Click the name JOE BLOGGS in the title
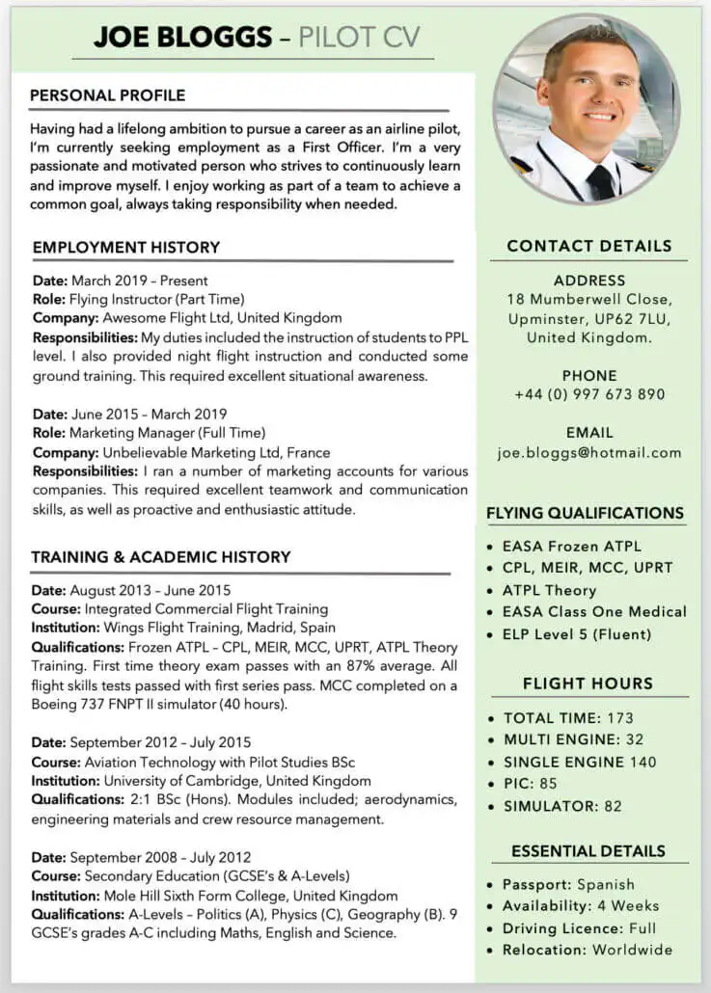tap(182, 38)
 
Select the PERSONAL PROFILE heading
tap(107, 95)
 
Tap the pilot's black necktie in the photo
tap(602, 181)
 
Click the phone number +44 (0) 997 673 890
tap(588, 394)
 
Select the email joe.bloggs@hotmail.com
tap(588, 452)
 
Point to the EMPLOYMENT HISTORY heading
tap(126, 248)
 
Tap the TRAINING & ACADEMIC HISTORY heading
tap(160, 557)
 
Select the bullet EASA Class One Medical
tap(594, 612)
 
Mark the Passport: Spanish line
tap(568, 884)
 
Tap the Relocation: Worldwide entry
tap(587, 950)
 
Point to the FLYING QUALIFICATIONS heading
tap(585, 514)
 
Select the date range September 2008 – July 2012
tap(160, 857)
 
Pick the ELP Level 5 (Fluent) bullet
tap(577, 634)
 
